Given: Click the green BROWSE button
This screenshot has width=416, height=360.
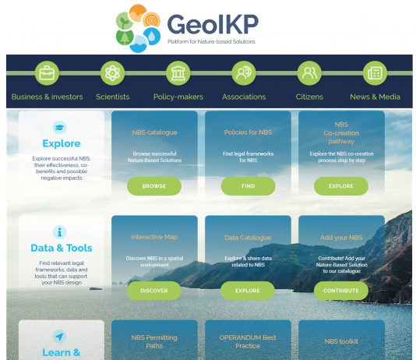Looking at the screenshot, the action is pyautogui.click(x=154, y=186).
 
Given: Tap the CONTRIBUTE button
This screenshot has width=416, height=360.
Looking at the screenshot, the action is pyautogui.click(x=341, y=291).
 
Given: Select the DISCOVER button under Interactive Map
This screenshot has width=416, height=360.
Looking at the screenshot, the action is pyautogui.click(x=154, y=291).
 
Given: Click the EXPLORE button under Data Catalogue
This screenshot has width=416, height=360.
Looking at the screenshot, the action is pyautogui.click(x=248, y=291).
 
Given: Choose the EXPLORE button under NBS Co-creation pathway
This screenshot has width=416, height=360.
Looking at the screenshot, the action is pyautogui.click(x=341, y=186).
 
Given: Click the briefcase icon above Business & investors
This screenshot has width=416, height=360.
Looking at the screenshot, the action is pyautogui.click(x=47, y=73).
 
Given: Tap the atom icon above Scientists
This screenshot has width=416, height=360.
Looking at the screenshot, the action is pyautogui.click(x=112, y=73).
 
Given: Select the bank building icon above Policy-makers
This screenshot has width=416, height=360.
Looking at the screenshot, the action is pyautogui.click(x=178, y=73).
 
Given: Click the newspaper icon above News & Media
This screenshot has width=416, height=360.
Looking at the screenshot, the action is pyautogui.click(x=375, y=73).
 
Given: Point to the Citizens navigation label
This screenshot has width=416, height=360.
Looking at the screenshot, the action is pyautogui.click(x=309, y=97).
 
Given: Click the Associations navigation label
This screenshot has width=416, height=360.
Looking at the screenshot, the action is pyautogui.click(x=244, y=97).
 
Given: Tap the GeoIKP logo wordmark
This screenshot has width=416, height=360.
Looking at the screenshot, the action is pyautogui.click(x=213, y=24).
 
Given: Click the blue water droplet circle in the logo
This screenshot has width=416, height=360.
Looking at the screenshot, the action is pyautogui.click(x=152, y=36).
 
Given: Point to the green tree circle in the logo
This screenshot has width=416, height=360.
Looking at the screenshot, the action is pyautogui.click(x=125, y=37).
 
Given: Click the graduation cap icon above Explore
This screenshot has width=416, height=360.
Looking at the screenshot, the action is pyautogui.click(x=60, y=127).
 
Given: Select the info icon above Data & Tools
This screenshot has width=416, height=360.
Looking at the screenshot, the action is pyautogui.click(x=60, y=232).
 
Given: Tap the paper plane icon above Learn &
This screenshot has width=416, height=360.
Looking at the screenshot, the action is pyautogui.click(x=60, y=337).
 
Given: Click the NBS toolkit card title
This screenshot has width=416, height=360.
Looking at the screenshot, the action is pyautogui.click(x=341, y=341).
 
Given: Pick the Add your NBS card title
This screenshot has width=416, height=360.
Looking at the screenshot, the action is pyautogui.click(x=341, y=238).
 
